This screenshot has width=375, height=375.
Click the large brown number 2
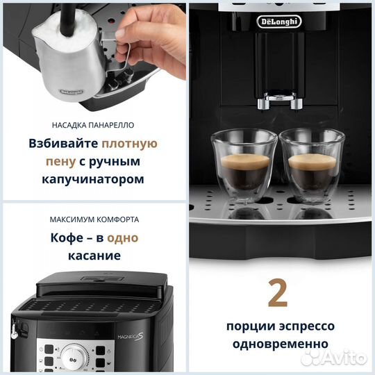[x=278, y=292]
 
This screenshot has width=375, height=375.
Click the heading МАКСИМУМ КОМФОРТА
[x=94, y=219]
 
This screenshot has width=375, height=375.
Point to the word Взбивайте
[x=64, y=144]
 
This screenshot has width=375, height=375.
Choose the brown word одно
[x=122, y=237]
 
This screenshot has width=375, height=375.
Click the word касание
[x=94, y=255]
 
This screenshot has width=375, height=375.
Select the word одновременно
[x=278, y=343]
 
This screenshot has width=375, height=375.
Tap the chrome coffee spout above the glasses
[x=278, y=101]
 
